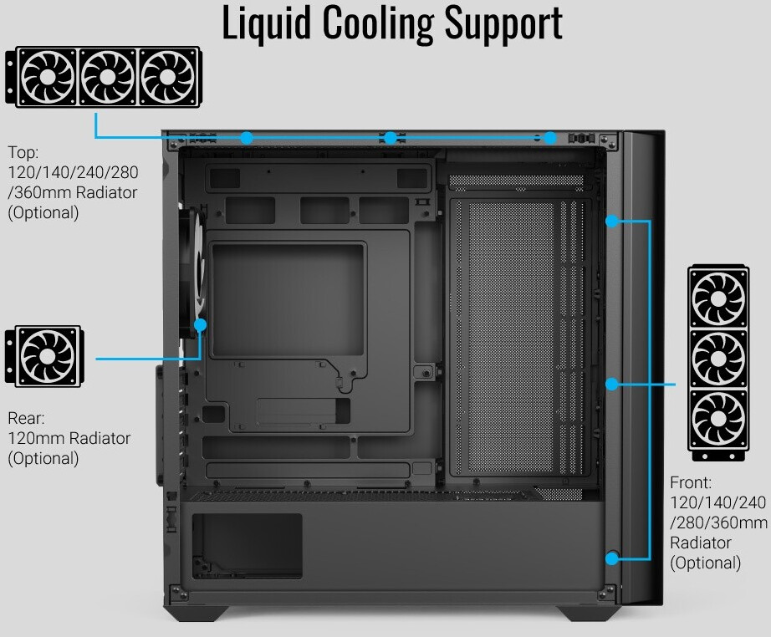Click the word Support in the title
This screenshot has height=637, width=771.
point(504,24)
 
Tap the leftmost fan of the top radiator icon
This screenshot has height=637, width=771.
point(48,77)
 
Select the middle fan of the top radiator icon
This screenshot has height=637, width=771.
point(108,77)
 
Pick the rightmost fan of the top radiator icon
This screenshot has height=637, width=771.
point(168,77)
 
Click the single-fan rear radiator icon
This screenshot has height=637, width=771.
point(44,356)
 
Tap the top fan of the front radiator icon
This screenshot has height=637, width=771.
point(718,298)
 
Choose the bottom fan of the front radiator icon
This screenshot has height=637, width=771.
point(718,420)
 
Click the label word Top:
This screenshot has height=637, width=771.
point(23,153)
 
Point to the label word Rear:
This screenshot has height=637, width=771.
point(26,418)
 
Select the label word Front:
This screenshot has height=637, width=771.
point(691,482)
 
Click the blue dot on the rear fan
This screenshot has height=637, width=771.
point(200,325)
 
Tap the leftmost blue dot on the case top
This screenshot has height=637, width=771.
point(247,138)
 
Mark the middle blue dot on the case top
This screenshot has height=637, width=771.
point(391,138)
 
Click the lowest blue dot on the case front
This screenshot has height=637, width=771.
point(611,558)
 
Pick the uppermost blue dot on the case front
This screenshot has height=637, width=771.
point(611,222)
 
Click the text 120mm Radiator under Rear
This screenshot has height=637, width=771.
point(69,438)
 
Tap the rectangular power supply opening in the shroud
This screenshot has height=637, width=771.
point(247,546)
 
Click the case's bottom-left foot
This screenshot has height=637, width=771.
point(197,613)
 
